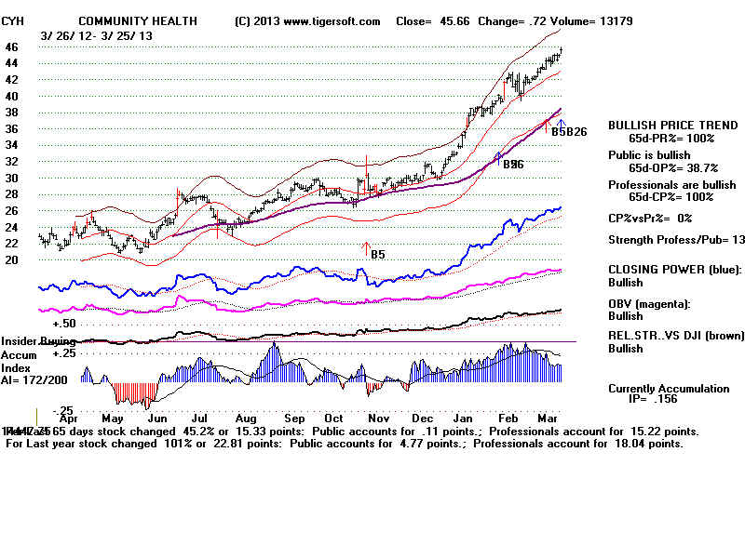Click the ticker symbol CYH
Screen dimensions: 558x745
click(13, 20)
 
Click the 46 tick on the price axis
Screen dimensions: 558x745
click(12, 46)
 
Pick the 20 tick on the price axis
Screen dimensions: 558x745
click(12, 260)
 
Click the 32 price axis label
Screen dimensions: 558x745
click(12, 162)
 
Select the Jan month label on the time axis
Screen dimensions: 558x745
click(461, 419)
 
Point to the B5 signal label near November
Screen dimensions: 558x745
click(378, 254)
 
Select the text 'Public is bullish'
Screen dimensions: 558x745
click(650, 154)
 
